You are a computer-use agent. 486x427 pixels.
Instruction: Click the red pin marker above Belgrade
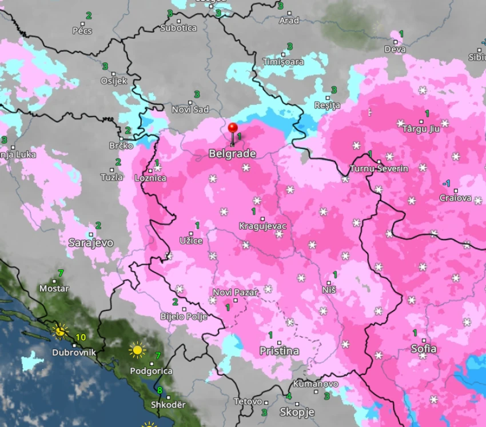coord(232,128)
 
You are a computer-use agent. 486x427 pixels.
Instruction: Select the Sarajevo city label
coord(90,243)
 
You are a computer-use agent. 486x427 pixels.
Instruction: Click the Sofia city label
coord(424,349)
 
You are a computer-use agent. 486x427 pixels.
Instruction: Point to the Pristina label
coord(279,350)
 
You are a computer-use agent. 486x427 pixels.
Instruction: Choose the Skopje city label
coord(297,412)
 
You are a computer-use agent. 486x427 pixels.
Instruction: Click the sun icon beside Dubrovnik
coord(58,330)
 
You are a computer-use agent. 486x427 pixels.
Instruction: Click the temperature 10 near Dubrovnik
coord(81,337)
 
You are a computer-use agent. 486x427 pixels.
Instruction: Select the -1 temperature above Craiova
coord(447,183)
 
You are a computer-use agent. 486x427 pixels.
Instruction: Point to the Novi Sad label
coord(190,110)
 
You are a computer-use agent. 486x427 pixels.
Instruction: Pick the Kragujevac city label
coord(262,226)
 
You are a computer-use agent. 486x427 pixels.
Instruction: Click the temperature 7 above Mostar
coord(61,273)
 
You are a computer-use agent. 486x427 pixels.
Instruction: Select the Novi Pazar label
coord(236,292)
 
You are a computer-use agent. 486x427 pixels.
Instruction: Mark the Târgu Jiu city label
coord(421,129)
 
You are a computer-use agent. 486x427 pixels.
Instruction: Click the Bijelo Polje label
coord(183,316)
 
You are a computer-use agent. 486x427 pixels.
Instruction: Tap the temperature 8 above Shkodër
coord(160,391)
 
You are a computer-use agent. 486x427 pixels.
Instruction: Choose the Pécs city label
coord(82,30)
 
